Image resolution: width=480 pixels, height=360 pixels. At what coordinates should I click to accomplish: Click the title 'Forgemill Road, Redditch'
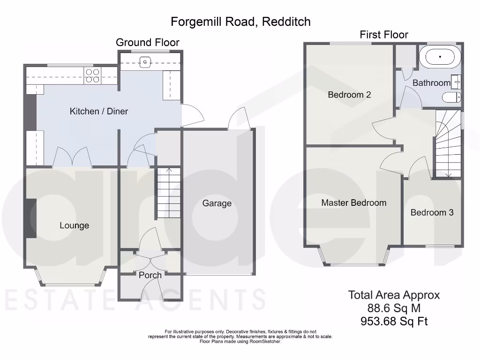click(x=240, y=22)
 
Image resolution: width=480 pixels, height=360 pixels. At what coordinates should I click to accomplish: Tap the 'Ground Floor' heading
click(x=147, y=42)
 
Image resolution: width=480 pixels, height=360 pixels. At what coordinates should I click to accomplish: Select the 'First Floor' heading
click(x=383, y=35)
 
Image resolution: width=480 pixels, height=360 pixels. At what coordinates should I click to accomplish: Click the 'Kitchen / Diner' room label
click(x=98, y=111)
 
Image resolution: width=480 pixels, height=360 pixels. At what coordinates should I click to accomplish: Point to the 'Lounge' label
click(x=74, y=225)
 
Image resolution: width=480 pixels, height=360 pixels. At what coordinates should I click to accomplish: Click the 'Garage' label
click(x=217, y=203)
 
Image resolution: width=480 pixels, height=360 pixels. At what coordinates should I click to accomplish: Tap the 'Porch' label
click(x=150, y=275)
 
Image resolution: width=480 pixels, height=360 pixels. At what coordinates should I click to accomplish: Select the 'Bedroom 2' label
click(x=349, y=95)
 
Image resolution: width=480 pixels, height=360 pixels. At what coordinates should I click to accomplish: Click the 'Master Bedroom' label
click(x=353, y=202)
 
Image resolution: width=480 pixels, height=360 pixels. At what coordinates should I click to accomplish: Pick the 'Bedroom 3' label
click(x=432, y=212)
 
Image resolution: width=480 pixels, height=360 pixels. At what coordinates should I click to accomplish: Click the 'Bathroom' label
click(x=431, y=83)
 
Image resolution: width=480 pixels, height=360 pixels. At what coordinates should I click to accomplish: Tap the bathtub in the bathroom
click(x=440, y=57)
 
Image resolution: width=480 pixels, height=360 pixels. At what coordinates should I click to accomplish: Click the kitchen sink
click(x=146, y=61)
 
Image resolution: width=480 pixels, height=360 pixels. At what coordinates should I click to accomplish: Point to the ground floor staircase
click(x=168, y=192)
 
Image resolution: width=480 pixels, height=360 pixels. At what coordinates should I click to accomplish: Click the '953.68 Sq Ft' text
click(x=394, y=321)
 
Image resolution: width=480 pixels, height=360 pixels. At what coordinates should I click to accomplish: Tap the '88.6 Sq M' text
click(x=394, y=308)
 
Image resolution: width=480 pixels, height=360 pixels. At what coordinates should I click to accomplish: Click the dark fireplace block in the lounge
click(x=30, y=218)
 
